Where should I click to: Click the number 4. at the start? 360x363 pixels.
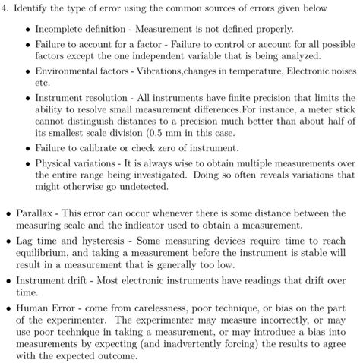pos(8,8)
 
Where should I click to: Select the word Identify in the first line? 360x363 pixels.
pos(33,8)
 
